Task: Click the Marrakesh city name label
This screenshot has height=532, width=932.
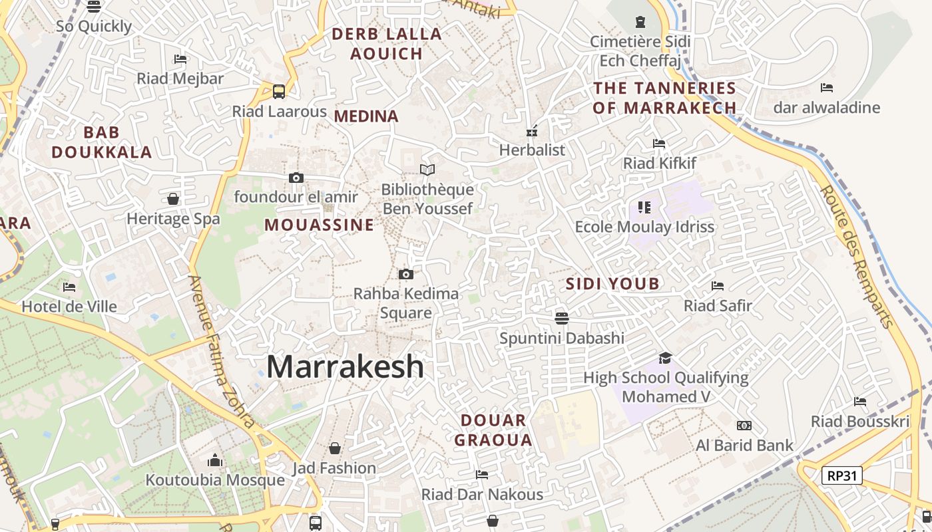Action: [x=345, y=366]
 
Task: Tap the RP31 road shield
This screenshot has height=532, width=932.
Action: [x=842, y=475]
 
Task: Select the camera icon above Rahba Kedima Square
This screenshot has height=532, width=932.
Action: [x=405, y=274]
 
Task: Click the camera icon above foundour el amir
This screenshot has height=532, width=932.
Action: [x=296, y=178]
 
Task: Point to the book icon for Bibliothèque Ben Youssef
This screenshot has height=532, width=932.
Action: [x=427, y=170]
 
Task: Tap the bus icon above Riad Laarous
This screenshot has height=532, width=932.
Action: [x=279, y=92]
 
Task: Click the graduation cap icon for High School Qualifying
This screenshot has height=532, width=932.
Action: [x=665, y=358]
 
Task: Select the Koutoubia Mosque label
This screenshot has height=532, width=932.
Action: [x=215, y=480]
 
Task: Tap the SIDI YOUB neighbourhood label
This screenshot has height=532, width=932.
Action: [x=612, y=284]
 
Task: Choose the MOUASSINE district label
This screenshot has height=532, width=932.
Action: [x=320, y=225]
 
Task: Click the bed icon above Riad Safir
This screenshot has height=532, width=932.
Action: [x=718, y=286]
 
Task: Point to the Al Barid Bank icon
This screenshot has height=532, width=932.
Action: [x=744, y=426]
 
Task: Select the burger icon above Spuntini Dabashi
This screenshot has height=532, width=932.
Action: [x=562, y=318]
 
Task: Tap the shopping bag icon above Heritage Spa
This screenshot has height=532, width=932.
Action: [x=173, y=199]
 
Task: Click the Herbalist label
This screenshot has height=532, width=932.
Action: [x=532, y=150]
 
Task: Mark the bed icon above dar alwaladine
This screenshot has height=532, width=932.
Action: [x=827, y=88]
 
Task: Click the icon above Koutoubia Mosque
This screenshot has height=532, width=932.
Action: [x=215, y=460]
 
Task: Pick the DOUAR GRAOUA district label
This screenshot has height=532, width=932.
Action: [x=493, y=430]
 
